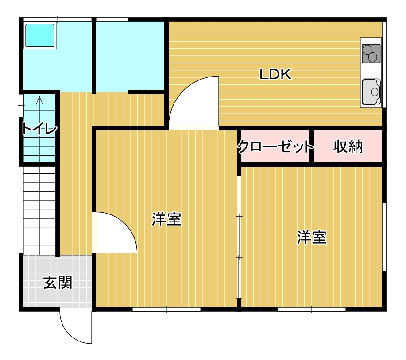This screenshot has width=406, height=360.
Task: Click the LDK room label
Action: [275, 74]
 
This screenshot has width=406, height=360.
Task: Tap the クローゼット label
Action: [275, 146]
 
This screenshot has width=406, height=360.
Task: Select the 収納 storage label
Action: [348, 147]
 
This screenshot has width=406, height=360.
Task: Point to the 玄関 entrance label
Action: [58, 283]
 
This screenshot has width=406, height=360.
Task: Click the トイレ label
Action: [39, 129]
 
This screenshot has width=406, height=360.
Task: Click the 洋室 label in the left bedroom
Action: [166, 219]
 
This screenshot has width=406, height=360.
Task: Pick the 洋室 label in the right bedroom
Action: [312, 237]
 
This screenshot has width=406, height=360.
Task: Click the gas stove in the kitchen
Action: [371, 54]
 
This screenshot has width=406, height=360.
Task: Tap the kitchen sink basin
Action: [371, 92]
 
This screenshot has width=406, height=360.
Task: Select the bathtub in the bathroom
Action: [40, 35]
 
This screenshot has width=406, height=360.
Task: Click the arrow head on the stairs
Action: [39, 100]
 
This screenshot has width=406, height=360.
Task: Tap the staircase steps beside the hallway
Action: [39, 210]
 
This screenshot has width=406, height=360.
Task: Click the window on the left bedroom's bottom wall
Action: [166, 309]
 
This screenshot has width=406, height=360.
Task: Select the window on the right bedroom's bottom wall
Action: [312, 309]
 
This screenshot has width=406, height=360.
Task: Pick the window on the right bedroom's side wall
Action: [384, 237]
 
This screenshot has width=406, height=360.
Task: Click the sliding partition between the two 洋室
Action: [239, 237]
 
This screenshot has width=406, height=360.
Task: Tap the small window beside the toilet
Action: [21, 106]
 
